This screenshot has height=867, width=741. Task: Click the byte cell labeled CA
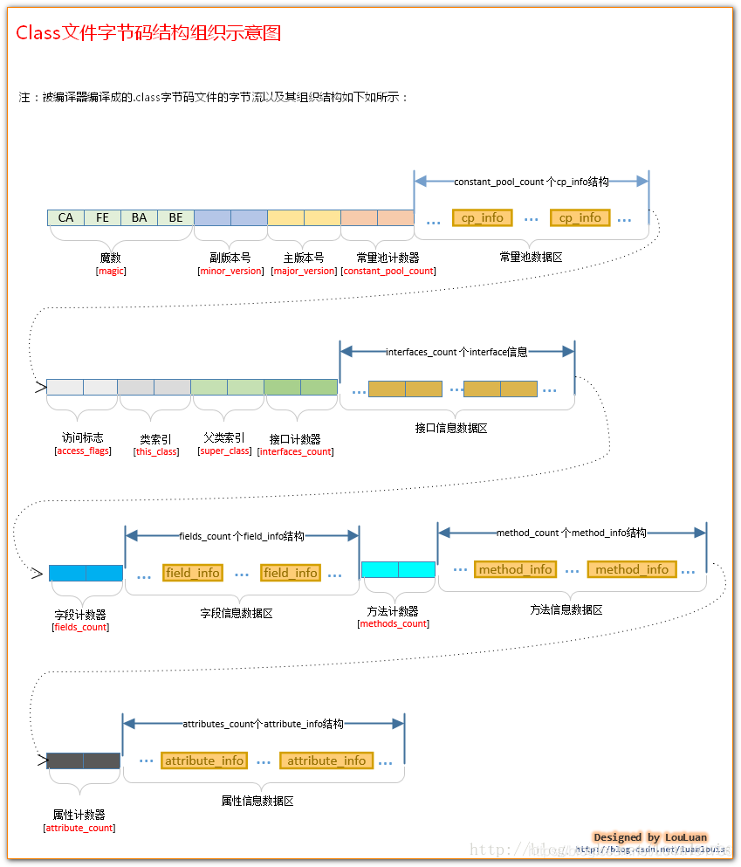click(x=65, y=217)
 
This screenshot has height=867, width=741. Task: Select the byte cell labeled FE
click(x=102, y=217)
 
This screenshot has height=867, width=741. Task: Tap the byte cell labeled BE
click(x=175, y=217)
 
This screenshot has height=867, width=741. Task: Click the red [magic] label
click(x=111, y=271)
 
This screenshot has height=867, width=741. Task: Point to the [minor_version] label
click(x=230, y=271)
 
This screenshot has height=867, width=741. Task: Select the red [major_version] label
click(x=304, y=271)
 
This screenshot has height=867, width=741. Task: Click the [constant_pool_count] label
click(x=388, y=271)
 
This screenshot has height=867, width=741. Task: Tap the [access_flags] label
click(x=83, y=451)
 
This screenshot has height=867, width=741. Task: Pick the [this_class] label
click(x=156, y=452)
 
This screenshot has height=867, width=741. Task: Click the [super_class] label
click(x=224, y=451)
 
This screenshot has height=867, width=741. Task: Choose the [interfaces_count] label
click(x=295, y=452)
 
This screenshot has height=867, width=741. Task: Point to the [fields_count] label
click(x=81, y=627)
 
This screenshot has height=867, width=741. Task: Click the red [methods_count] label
click(x=393, y=623)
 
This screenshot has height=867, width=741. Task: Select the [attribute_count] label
click(x=79, y=828)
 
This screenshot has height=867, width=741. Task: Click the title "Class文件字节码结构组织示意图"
click(x=148, y=33)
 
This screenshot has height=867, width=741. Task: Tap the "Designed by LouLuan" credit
click(x=650, y=837)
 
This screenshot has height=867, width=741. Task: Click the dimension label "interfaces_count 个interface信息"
click(x=456, y=352)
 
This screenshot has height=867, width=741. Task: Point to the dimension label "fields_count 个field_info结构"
click(x=242, y=536)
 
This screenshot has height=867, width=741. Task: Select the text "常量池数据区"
click(x=532, y=258)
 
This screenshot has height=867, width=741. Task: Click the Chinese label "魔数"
click(x=111, y=258)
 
